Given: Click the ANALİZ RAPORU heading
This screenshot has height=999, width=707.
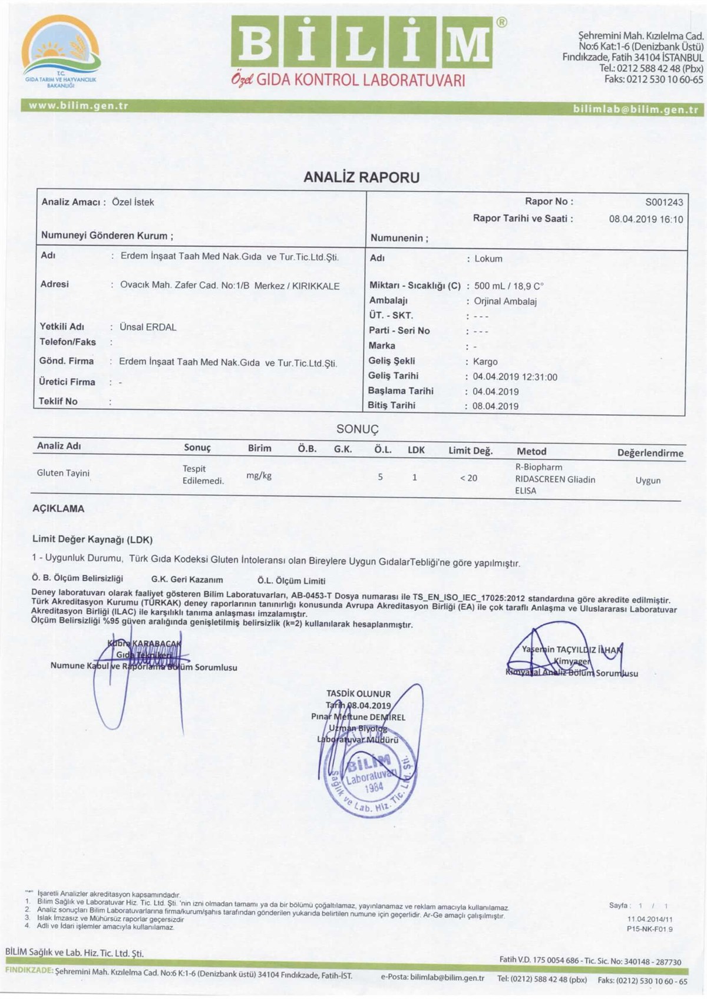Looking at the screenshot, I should point(361,177).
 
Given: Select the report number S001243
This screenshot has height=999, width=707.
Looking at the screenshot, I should point(664,202).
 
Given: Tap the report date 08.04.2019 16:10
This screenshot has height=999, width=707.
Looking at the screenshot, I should point(646,219).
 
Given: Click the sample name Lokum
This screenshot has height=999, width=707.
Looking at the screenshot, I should point(488,259).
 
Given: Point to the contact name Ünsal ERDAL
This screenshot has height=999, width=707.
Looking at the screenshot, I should point(148,327).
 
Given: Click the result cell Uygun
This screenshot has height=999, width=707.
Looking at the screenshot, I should point(648,480).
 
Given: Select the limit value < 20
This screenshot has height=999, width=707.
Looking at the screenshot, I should point(468,478).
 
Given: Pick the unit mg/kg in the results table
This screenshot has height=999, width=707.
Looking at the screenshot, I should point(259,475).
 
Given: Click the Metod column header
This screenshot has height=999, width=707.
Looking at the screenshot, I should point(531,451).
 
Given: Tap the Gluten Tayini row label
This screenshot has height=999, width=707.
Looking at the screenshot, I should point(63,473).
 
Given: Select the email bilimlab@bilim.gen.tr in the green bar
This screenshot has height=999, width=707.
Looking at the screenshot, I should point(635,110).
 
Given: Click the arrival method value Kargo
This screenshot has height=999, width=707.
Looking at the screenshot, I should point(485,362).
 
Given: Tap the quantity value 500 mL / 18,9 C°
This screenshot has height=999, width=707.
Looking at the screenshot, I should point(508,286).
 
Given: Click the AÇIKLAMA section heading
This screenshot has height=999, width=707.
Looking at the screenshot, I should point(58,509).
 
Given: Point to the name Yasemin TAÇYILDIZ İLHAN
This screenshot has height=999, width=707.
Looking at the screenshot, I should point(571,650).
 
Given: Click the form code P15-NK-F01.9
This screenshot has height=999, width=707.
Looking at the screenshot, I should point(650,929).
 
